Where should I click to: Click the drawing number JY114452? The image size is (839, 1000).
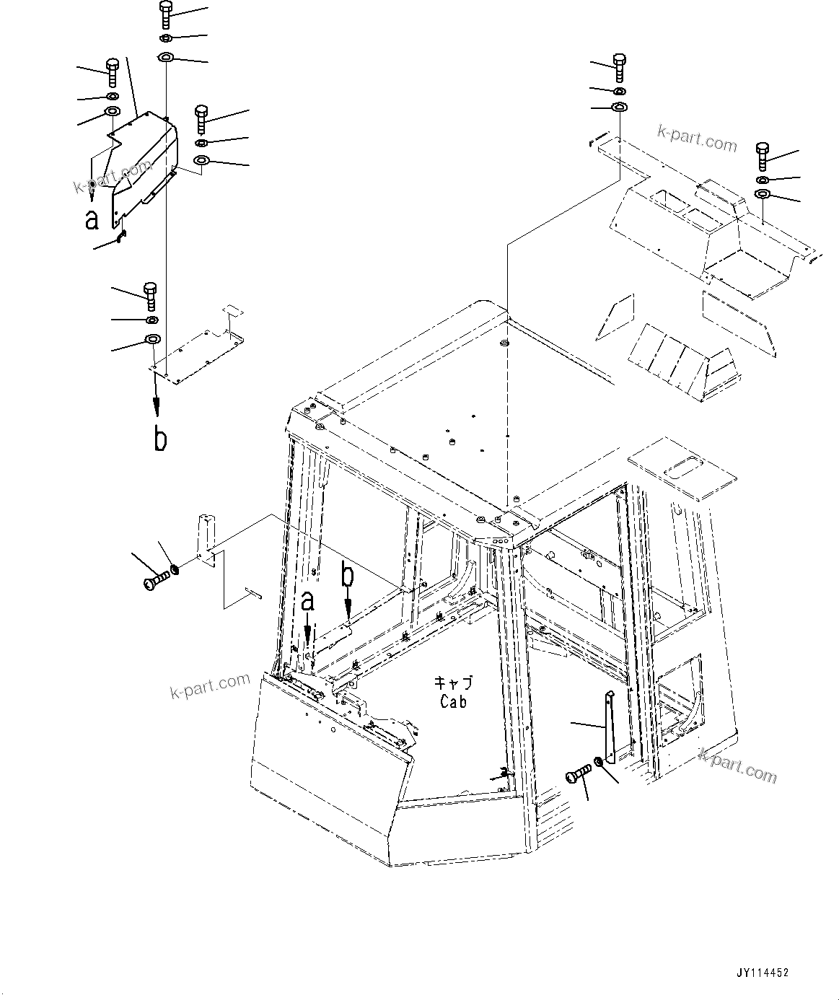[x=763, y=972]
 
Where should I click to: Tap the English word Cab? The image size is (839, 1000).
[x=453, y=701]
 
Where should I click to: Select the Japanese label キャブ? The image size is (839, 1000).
[x=453, y=683]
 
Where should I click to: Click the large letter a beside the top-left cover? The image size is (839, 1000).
[x=92, y=219]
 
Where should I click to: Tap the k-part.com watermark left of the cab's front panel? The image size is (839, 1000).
[x=209, y=686]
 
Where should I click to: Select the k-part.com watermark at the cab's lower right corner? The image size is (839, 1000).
[x=737, y=766]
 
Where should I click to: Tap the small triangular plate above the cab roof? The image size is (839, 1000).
[x=614, y=317]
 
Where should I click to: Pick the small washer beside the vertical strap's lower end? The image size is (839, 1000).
[x=599, y=762]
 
